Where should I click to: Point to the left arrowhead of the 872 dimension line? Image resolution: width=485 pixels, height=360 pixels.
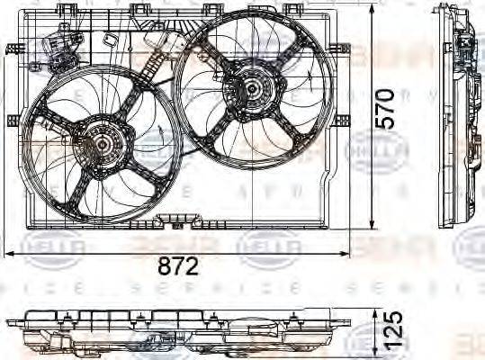click(9, 255)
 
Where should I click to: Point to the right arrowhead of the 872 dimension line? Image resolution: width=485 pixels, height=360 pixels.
click(346, 255)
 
